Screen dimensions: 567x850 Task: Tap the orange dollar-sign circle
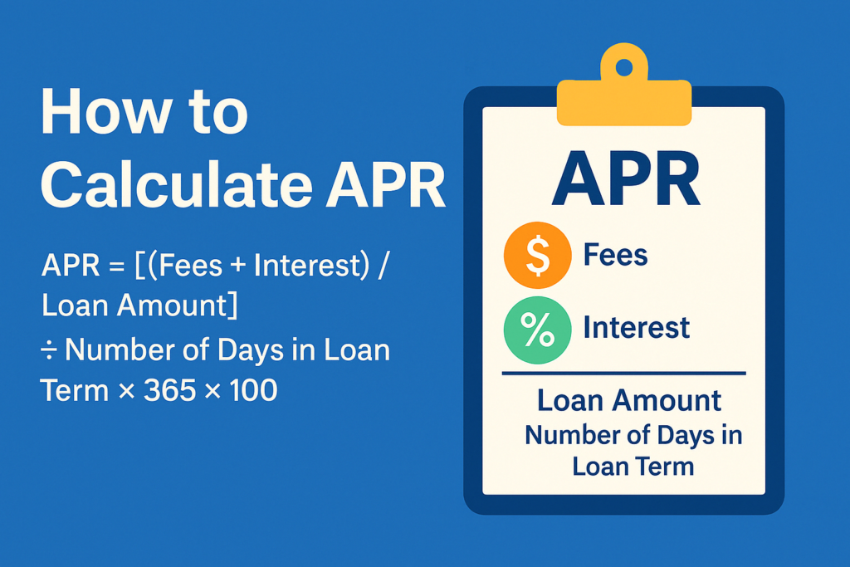point(537,257)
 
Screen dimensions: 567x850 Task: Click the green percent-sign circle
point(537,330)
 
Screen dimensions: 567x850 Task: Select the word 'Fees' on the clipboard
point(615,255)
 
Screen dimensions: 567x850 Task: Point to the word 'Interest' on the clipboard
point(636,327)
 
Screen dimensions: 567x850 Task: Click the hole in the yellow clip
point(623,64)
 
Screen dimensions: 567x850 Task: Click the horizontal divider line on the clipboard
point(623,374)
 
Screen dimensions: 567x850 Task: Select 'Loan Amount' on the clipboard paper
point(629,401)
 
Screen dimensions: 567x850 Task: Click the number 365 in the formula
point(169,389)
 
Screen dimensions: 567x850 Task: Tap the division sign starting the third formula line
point(49,350)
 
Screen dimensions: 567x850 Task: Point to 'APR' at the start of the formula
point(62,268)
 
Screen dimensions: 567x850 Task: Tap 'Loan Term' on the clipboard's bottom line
point(633,466)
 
